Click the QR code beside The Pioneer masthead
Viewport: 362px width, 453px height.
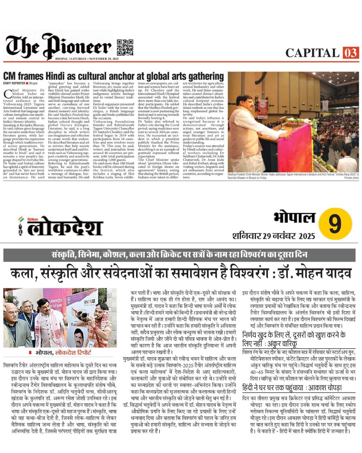click(x=125, y=47)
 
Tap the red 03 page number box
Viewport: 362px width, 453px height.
click(x=351, y=53)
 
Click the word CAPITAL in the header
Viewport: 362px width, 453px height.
click(x=312, y=53)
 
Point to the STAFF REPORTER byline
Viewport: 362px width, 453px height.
click(x=14, y=83)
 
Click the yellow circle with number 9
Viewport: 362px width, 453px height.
click(x=335, y=223)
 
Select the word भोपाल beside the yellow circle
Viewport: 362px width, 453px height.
click(x=294, y=218)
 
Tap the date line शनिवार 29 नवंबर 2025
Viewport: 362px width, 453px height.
click(x=274, y=236)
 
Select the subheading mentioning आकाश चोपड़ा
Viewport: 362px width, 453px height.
click(x=292, y=388)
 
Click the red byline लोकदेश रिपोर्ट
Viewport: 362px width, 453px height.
click(x=73, y=352)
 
